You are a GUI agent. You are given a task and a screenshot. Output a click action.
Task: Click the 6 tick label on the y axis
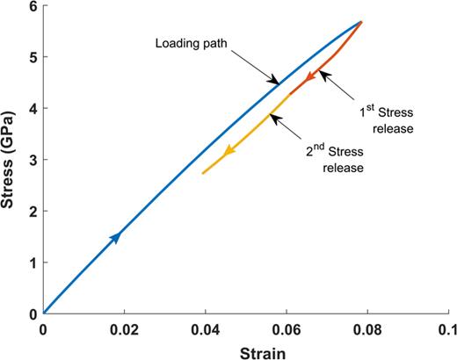[x=33, y=6]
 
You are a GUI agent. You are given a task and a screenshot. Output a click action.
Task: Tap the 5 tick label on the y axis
[x=33, y=57]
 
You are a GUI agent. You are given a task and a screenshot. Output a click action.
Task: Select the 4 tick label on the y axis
[x=33, y=108]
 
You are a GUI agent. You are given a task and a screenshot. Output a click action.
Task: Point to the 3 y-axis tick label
[x=33, y=160]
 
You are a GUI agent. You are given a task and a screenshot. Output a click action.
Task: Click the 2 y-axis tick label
[x=33, y=211]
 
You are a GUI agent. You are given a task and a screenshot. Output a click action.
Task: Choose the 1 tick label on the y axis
[x=33, y=263]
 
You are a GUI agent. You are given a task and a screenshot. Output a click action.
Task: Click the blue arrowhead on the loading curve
[x=115, y=236]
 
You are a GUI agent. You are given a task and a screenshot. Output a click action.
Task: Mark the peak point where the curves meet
[x=360, y=22]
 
